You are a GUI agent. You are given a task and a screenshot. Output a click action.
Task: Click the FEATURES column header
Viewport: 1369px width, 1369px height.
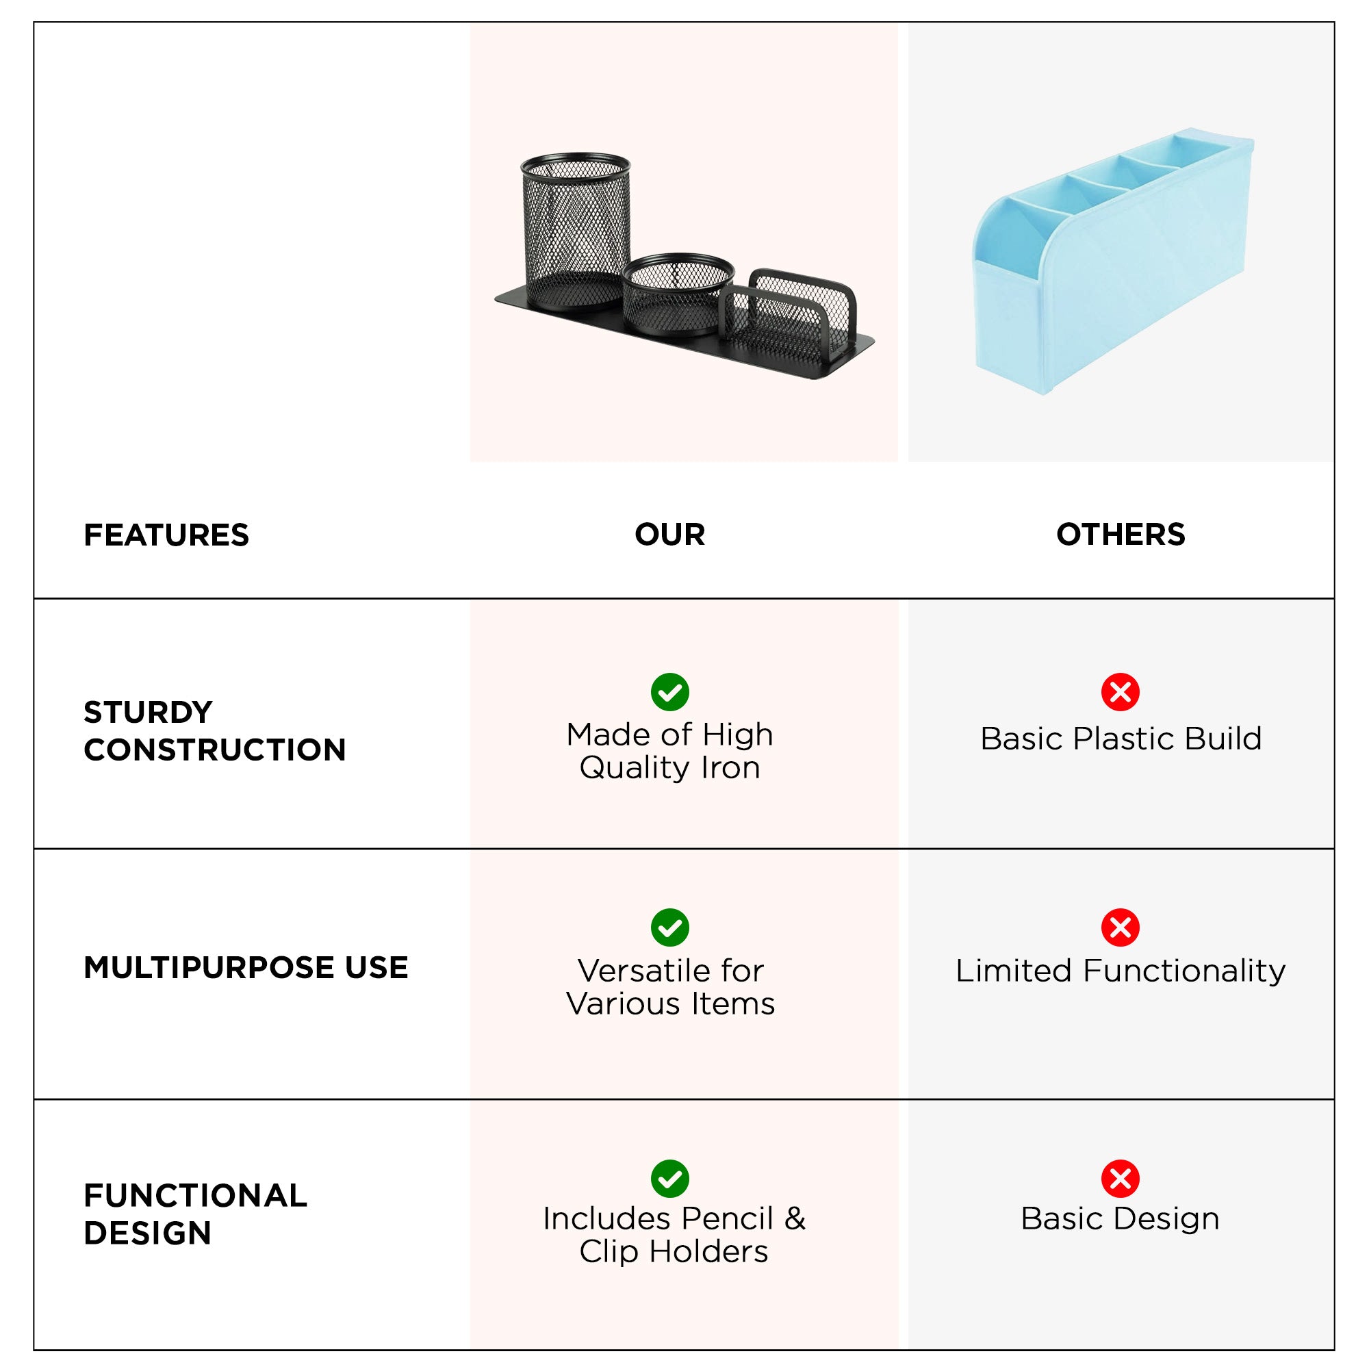pos(166,535)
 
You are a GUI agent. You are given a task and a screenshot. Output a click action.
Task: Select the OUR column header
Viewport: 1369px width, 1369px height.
pos(669,535)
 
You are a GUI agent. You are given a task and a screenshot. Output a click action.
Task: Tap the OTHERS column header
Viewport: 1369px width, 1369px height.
pos(1120,535)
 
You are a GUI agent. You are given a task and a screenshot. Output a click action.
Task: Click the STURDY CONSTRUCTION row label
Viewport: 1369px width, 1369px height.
pos(214,730)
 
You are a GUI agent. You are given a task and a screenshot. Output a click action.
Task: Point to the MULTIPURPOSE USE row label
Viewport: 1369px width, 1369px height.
pos(245,967)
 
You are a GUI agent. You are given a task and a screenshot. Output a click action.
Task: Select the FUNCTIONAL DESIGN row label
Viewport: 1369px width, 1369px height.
pos(195,1214)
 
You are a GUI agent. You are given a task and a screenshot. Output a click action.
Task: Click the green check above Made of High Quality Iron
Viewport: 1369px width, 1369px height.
pos(669,691)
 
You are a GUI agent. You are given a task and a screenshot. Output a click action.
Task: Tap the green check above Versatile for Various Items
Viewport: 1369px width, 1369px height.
pos(669,927)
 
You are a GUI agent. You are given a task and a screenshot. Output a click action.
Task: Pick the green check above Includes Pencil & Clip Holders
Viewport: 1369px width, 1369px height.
pos(669,1179)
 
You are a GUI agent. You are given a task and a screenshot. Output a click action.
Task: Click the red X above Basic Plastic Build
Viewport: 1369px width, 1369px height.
pos(1120,691)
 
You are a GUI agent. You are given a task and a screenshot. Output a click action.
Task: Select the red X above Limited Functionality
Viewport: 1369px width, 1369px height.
pos(1120,927)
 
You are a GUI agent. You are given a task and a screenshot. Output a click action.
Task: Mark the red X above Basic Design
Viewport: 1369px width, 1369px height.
pos(1120,1179)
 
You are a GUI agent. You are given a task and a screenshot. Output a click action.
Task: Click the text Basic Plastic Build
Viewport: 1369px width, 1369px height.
pos(1121,739)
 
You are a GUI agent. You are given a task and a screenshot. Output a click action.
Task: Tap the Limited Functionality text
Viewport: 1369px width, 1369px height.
pos(1120,971)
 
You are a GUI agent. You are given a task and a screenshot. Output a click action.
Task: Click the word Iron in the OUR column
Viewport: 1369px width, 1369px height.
pos(730,767)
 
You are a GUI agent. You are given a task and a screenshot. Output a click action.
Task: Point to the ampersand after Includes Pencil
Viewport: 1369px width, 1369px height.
pos(795,1219)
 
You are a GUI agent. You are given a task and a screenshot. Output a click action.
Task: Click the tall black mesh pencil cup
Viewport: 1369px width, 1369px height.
pos(576,230)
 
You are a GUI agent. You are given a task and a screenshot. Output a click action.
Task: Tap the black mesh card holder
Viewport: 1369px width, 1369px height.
pos(790,311)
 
